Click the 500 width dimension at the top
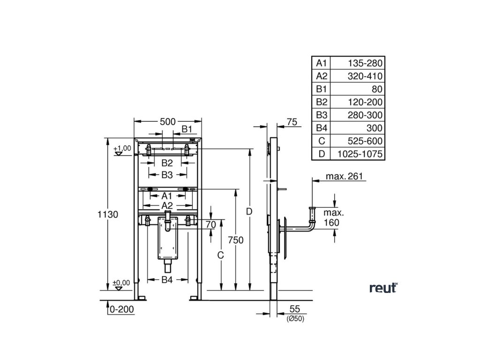pyautogui.click(x=168, y=121)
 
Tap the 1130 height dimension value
pyautogui.click(x=107, y=214)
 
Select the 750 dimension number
pyautogui.click(x=236, y=240)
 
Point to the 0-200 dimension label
pyautogui.click(x=121, y=309)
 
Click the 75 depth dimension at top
pyautogui.click(x=292, y=122)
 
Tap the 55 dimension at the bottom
pyautogui.click(x=294, y=309)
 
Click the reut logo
pyautogui.click(x=383, y=288)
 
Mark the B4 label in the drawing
pyautogui.click(x=167, y=280)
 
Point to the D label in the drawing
pyautogui.click(x=249, y=212)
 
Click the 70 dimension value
pyautogui.click(x=210, y=225)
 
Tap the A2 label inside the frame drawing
pyautogui.click(x=167, y=206)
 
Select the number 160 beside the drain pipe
pyautogui.click(x=331, y=222)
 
